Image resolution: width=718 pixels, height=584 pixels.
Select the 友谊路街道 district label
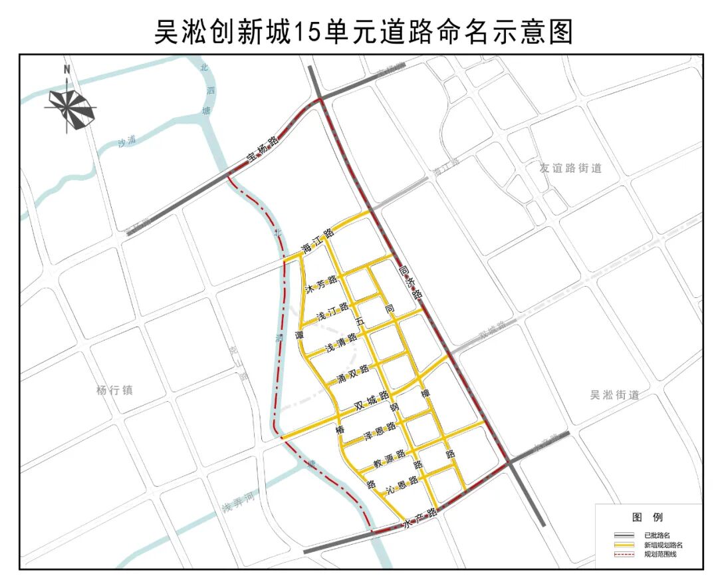click(570, 169)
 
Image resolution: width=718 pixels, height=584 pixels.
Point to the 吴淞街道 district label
click(614, 395)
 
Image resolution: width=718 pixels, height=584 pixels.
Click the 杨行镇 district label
click(114, 390)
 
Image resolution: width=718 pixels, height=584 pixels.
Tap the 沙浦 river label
click(126, 141)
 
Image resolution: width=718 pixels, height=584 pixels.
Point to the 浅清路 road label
click(342, 344)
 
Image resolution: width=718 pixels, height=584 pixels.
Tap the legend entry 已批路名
click(656, 535)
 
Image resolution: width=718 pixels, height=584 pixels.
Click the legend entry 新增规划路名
click(663, 545)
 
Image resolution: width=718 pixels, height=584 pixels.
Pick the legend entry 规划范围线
click(659, 554)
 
